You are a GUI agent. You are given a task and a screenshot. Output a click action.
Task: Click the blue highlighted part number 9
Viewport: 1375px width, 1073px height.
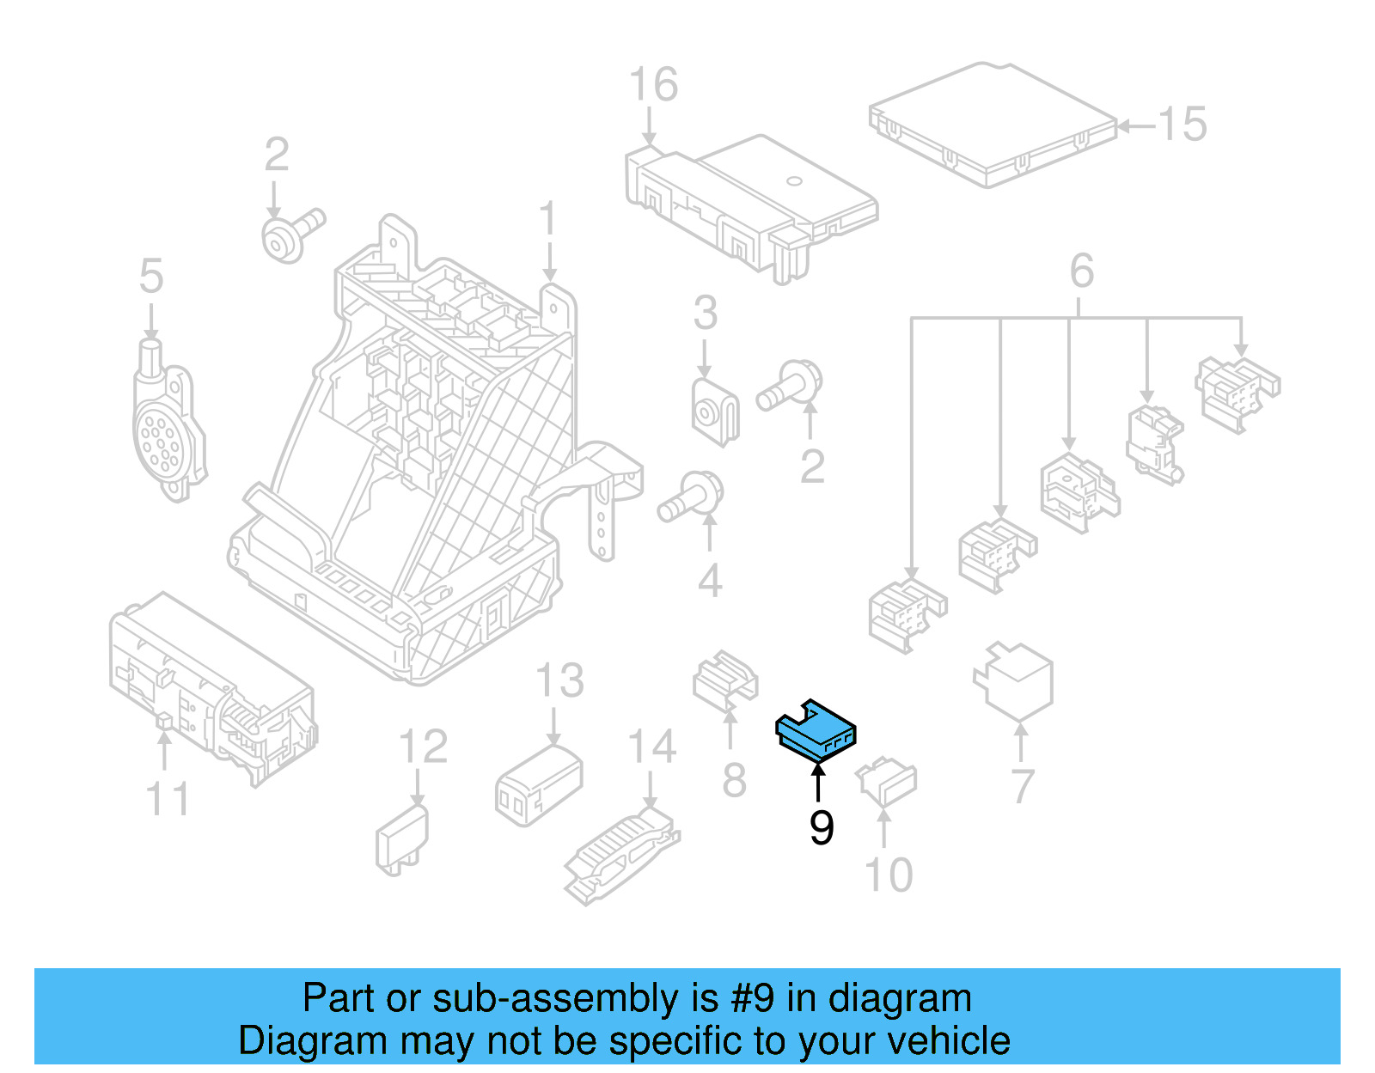tap(815, 730)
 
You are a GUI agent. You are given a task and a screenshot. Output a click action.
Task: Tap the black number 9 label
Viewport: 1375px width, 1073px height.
tap(822, 827)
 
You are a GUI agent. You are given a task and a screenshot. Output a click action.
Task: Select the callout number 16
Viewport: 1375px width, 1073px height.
tap(653, 85)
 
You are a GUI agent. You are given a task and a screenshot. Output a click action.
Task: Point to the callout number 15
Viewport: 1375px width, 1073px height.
tap(1182, 125)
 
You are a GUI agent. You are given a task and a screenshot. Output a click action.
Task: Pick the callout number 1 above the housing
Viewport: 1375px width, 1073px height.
tap(548, 219)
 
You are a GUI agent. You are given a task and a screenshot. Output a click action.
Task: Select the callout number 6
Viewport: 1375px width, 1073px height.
tap(1082, 271)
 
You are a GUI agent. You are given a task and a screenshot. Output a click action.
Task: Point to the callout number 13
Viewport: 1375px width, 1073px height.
tap(559, 681)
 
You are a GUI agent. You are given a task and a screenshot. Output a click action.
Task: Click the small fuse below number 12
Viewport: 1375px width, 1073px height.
tap(401, 839)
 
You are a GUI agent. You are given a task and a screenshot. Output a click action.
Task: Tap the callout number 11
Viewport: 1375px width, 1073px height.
tap(168, 799)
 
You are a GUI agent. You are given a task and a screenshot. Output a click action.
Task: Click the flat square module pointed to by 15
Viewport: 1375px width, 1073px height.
tap(993, 125)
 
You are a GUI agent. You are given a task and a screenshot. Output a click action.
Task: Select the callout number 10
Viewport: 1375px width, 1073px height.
tap(888, 875)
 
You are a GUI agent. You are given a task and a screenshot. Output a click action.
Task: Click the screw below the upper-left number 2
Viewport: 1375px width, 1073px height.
tap(289, 234)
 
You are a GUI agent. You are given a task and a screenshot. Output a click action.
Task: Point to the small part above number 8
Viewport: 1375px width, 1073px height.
tap(725, 680)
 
